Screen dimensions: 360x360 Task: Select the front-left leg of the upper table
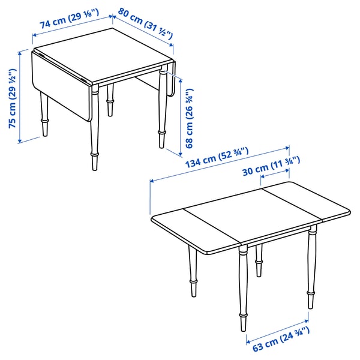[x=95, y=129]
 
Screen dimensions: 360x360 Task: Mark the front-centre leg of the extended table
[x=244, y=288]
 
